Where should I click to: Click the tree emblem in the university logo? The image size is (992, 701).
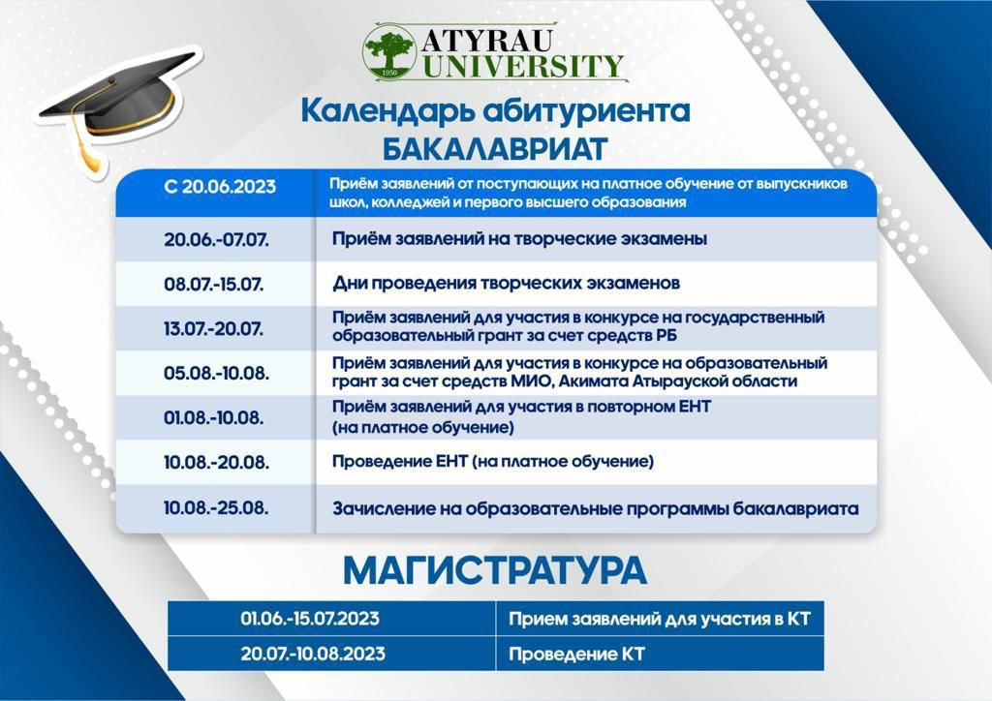tap(389, 53)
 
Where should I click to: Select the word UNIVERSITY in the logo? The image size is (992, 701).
tap(523, 67)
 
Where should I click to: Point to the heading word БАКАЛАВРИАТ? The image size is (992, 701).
tap(495, 149)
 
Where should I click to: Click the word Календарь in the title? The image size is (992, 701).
tap(387, 111)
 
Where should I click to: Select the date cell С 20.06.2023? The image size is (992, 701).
tap(220, 187)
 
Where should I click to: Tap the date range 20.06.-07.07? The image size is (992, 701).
tap(216, 239)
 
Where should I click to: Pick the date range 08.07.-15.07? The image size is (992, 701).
tap(214, 284)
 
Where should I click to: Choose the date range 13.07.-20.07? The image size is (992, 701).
tap(214, 328)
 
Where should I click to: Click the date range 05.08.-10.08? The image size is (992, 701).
tap(216, 373)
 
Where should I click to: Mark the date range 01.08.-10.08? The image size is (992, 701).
tap(214, 418)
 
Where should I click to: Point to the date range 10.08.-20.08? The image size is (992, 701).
tap(216, 462)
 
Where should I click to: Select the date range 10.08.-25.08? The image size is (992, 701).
tap(216, 507)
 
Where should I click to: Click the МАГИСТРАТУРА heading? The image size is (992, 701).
tap(495, 570)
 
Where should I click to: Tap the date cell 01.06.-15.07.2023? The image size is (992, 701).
tap(310, 618)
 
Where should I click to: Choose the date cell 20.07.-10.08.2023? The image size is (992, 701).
tap(313, 654)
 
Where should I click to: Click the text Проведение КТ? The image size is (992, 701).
tap(576, 655)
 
